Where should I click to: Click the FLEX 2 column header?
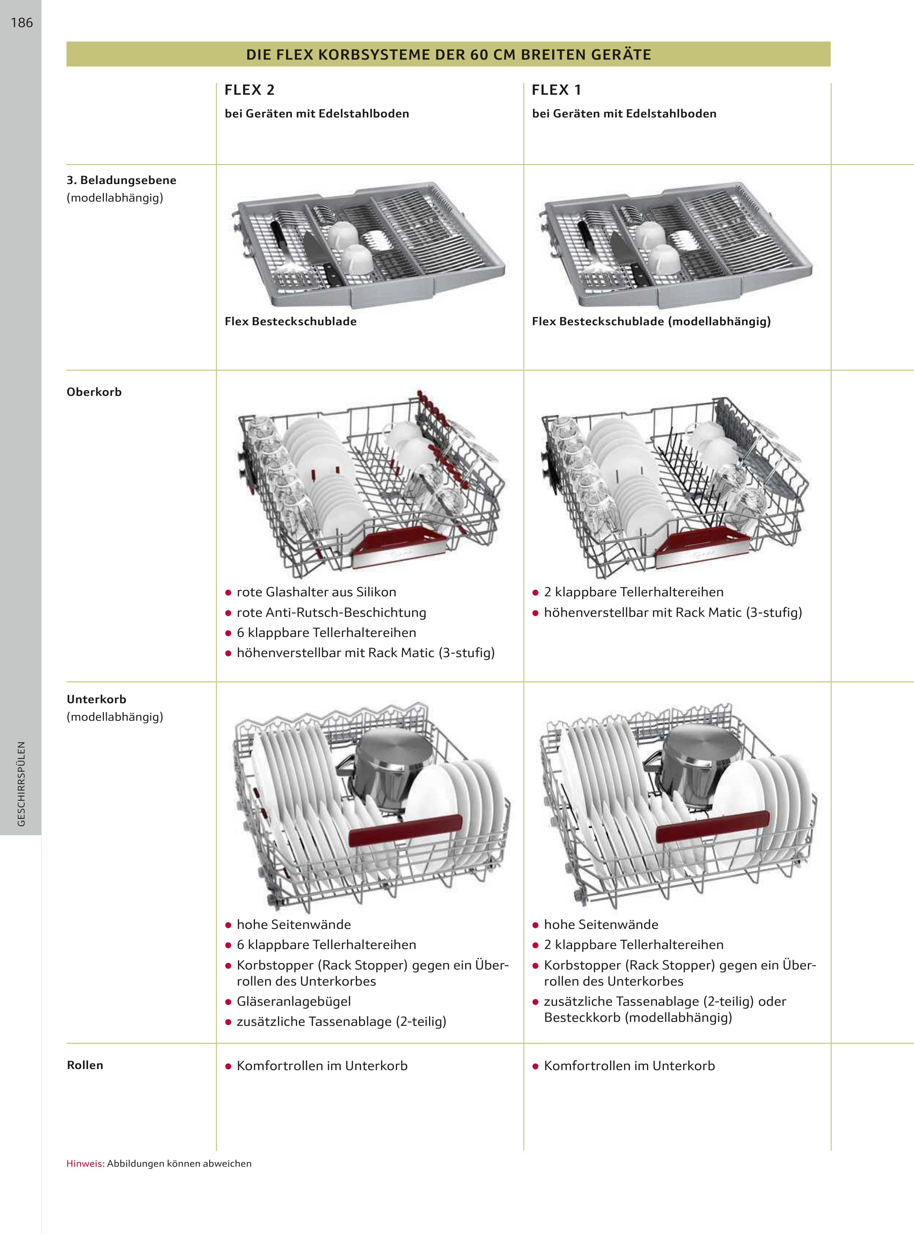click(x=249, y=90)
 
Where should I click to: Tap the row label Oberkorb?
click(x=94, y=392)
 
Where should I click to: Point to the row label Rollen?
click(x=84, y=1065)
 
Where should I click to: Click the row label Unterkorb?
click(x=96, y=699)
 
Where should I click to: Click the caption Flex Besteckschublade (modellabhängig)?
click(x=651, y=322)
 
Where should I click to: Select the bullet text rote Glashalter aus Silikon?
click(x=316, y=592)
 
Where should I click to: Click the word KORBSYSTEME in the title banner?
click(x=375, y=55)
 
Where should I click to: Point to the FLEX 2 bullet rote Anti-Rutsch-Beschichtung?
click(x=331, y=612)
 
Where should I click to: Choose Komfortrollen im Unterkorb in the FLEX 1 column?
click(x=629, y=1066)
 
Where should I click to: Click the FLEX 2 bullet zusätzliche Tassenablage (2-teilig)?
click(x=341, y=1021)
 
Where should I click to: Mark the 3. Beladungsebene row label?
click(x=121, y=180)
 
